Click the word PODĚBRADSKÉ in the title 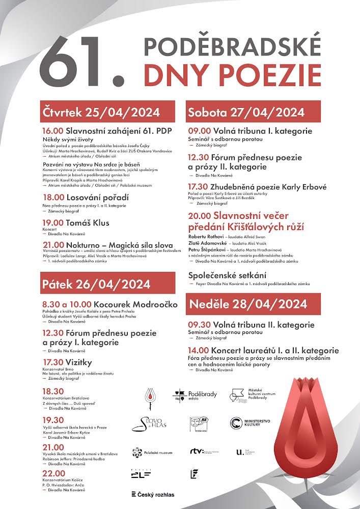coord(232,47)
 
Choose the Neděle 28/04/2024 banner coord(253,304)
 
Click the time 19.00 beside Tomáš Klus coord(52,223)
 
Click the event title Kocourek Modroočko coord(136,304)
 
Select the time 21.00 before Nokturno coord(52,245)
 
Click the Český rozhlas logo coord(153,494)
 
